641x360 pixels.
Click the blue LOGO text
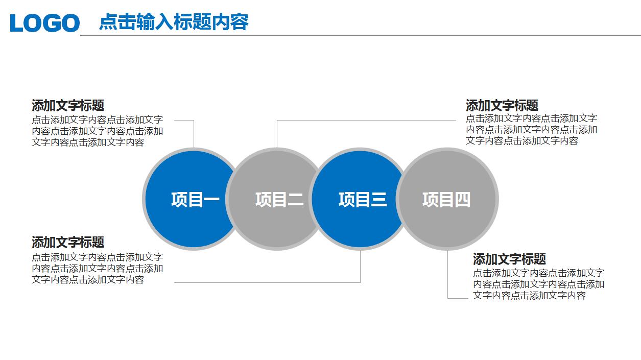tap(45, 23)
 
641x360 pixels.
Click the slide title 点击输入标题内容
tap(174, 22)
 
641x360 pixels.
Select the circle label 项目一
tap(195, 199)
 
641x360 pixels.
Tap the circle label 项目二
tap(279, 199)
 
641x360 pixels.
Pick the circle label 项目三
tap(363, 199)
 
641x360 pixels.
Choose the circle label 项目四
tap(446, 199)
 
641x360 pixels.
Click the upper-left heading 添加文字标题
tap(68, 106)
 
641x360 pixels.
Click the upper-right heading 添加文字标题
tap(502, 106)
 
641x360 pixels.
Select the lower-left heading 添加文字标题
tap(68, 242)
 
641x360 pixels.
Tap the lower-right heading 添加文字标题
tap(509, 259)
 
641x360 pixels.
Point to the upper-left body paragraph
tap(97, 131)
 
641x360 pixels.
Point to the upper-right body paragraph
tap(531, 130)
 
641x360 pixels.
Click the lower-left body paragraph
tap(97, 268)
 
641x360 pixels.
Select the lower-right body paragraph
tap(538, 284)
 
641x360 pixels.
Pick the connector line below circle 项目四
tap(448, 276)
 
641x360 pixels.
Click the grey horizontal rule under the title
tap(358, 36)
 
